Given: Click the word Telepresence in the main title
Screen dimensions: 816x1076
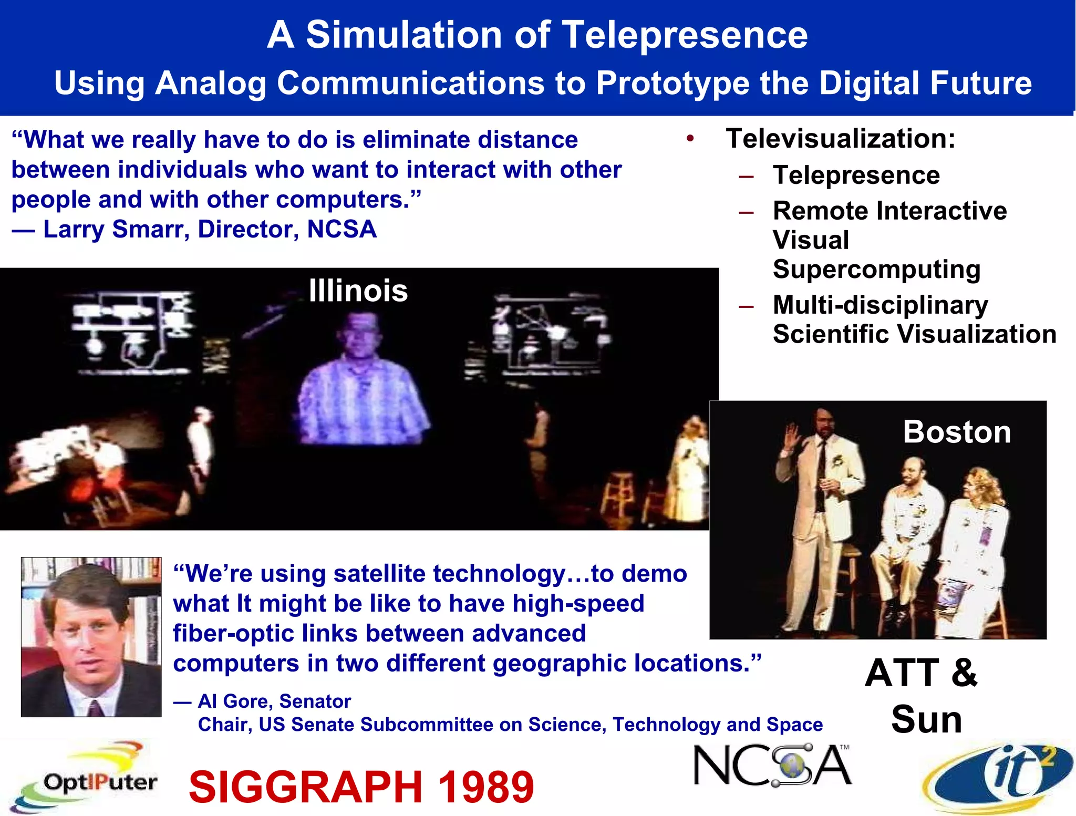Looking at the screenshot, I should (x=685, y=35).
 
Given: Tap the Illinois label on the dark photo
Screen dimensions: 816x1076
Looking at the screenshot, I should (x=358, y=291).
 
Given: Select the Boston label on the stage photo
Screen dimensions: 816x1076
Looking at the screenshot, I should (x=957, y=432).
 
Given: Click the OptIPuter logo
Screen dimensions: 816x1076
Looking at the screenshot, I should (x=84, y=778).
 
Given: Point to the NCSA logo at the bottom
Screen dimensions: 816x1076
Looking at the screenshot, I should (x=772, y=766).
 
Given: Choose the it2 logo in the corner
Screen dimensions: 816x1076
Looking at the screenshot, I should (x=998, y=777).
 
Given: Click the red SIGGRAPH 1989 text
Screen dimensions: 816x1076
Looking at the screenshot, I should (x=361, y=787).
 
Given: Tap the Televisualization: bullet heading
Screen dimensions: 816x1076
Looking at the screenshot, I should (x=840, y=139).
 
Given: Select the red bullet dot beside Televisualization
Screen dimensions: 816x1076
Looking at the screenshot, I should (x=690, y=139).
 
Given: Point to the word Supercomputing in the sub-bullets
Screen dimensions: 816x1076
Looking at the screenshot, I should (x=876, y=269).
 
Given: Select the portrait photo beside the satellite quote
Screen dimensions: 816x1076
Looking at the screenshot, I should (x=91, y=637).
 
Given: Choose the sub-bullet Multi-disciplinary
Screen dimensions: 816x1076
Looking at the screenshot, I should (x=881, y=305).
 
